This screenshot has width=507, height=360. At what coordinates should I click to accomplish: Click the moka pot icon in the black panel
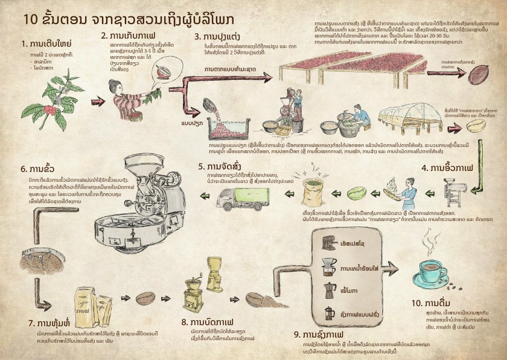(x=330, y=290)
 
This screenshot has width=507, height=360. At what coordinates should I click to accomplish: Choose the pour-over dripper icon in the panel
(x=329, y=266)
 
